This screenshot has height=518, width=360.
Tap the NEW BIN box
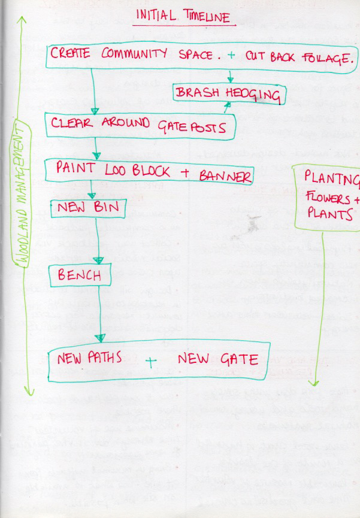click(88, 209)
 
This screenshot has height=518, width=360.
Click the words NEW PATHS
click(90, 358)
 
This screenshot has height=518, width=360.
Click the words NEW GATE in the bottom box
click(218, 359)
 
